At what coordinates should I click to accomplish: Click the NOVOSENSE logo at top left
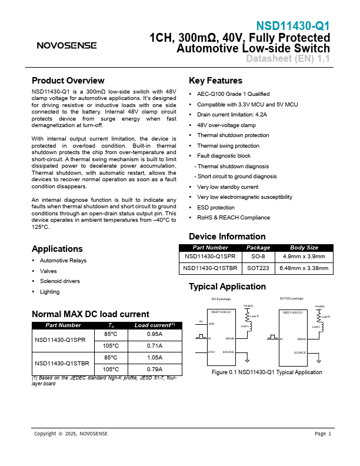coord(64,45)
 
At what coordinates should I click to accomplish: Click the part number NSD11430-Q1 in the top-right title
coord(293,26)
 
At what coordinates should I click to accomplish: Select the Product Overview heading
coord(68,81)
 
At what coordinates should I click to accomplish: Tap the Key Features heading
coord(215,81)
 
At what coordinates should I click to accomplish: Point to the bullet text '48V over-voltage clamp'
coord(226,125)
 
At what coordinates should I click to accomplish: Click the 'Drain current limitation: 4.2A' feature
coord(232,115)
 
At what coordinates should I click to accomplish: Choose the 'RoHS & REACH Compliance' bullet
coord(234,218)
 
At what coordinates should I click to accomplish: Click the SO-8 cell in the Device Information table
coord(258,257)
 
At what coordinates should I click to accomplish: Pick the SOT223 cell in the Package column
coord(258,268)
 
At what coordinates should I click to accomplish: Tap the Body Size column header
coord(304,248)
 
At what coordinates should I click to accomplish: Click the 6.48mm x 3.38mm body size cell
coord(304,268)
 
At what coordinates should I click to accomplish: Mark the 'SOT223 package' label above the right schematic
coord(291,299)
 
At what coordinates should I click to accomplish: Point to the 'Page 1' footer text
coord(323,434)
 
